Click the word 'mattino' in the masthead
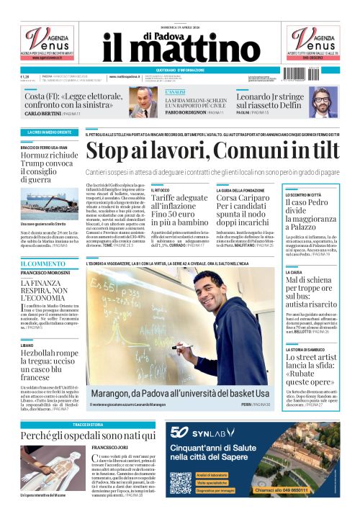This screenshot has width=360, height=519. [x=195, y=50]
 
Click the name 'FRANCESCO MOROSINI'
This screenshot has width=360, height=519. [x=45, y=275]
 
